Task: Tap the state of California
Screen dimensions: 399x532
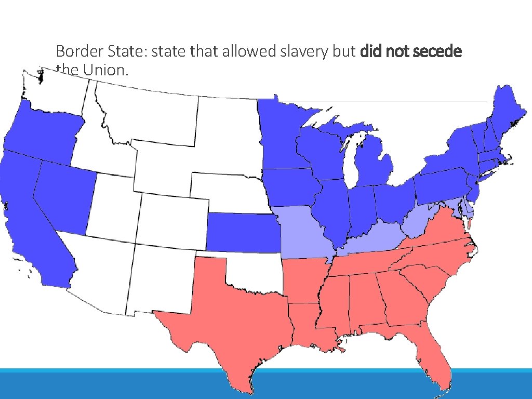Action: (26, 218)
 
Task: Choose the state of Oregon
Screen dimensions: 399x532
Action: (42, 132)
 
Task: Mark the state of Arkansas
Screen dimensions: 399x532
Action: (304, 281)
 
